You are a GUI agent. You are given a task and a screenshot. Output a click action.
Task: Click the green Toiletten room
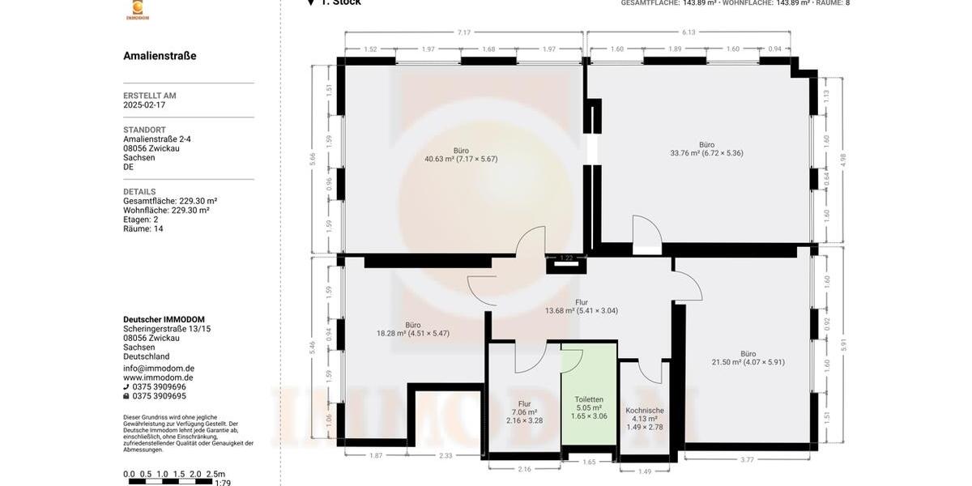[x=589, y=397]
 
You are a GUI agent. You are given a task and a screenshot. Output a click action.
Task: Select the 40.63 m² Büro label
[x=461, y=155]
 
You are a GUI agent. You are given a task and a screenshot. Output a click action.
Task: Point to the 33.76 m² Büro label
[x=706, y=149]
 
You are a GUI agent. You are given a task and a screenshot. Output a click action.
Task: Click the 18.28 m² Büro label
[x=412, y=329]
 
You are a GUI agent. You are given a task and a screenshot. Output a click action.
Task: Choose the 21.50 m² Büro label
[x=748, y=358]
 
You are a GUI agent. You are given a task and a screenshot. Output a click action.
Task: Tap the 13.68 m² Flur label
[x=581, y=306]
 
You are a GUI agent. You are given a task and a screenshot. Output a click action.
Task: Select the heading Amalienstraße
[x=160, y=56]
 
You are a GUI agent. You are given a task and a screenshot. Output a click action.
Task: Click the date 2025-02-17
[x=144, y=105]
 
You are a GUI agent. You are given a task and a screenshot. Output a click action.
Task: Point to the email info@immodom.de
[x=159, y=369]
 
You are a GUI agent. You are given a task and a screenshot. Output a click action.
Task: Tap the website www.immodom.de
[x=158, y=377]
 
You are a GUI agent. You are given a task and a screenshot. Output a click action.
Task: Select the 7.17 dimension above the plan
[x=463, y=32]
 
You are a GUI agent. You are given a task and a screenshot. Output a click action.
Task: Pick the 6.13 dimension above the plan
[x=688, y=32]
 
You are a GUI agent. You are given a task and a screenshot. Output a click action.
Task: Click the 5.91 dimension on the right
[x=843, y=344]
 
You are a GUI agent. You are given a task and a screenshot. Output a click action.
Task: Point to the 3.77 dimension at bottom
[x=747, y=460]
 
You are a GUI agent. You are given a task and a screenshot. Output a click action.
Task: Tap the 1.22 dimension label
[x=567, y=258]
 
